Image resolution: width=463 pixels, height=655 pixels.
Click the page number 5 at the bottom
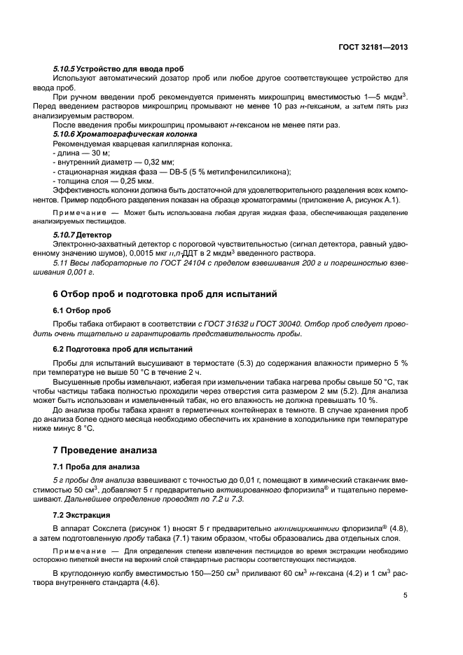[406, 595]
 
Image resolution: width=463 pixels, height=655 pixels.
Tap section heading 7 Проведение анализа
[105, 449]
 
